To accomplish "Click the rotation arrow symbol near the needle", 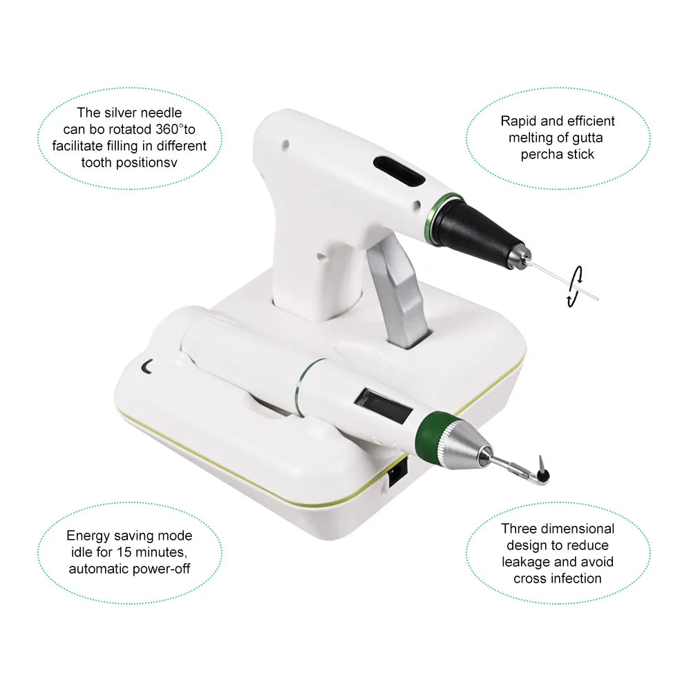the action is [x=575, y=287].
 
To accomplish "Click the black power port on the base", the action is [x=397, y=474].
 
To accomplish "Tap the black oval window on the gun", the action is [x=399, y=172].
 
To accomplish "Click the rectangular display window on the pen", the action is [x=383, y=404].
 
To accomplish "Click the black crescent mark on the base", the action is [x=146, y=367].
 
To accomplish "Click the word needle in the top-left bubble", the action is [x=161, y=113].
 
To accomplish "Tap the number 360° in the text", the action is [x=170, y=130].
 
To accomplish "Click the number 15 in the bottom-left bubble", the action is [x=124, y=552].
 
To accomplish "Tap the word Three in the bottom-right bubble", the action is [x=518, y=529].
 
